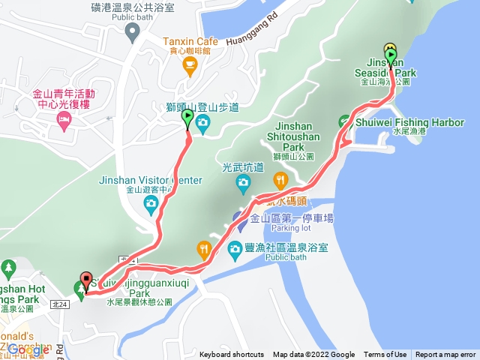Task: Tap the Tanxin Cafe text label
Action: pos(190,40)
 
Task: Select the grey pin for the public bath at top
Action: pos(133,31)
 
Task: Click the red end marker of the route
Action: pos(85,281)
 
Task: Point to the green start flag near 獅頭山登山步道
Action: pos(187,119)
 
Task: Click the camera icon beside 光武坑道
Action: pos(242,182)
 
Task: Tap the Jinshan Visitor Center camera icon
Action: pos(151,202)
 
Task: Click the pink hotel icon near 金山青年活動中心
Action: pos(64,121)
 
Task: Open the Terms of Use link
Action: pos(385,355)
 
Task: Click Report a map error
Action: pos(445,355)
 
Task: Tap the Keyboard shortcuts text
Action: pos(231,355)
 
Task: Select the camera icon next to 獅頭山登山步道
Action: pos(202,123)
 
